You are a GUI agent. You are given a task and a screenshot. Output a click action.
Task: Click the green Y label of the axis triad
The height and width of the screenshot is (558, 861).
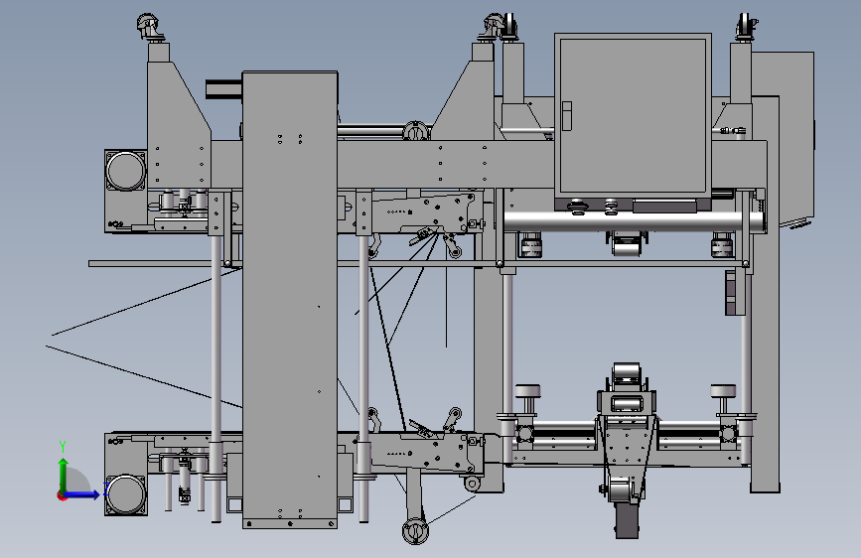(x=63, y=446)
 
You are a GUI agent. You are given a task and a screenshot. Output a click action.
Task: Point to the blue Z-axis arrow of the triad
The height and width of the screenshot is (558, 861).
(x=82, y=494)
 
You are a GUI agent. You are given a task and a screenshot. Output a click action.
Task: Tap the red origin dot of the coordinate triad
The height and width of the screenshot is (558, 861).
(x=62, y=495)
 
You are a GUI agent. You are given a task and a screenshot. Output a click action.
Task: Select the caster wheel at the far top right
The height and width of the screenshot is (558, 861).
(x=745, y=27)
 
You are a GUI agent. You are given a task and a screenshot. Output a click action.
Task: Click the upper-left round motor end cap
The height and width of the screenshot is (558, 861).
(x=126, y=170)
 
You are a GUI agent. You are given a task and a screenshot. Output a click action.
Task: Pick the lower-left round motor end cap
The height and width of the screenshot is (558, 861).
(x=126, y=494)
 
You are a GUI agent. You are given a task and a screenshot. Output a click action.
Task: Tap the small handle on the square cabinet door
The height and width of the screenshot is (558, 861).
(x=566, y=116)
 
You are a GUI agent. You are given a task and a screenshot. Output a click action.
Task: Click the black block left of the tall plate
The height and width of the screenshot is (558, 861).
(x=224, y=89)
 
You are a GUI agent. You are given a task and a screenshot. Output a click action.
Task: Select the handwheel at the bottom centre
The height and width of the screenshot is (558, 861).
(x=416, y=531)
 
